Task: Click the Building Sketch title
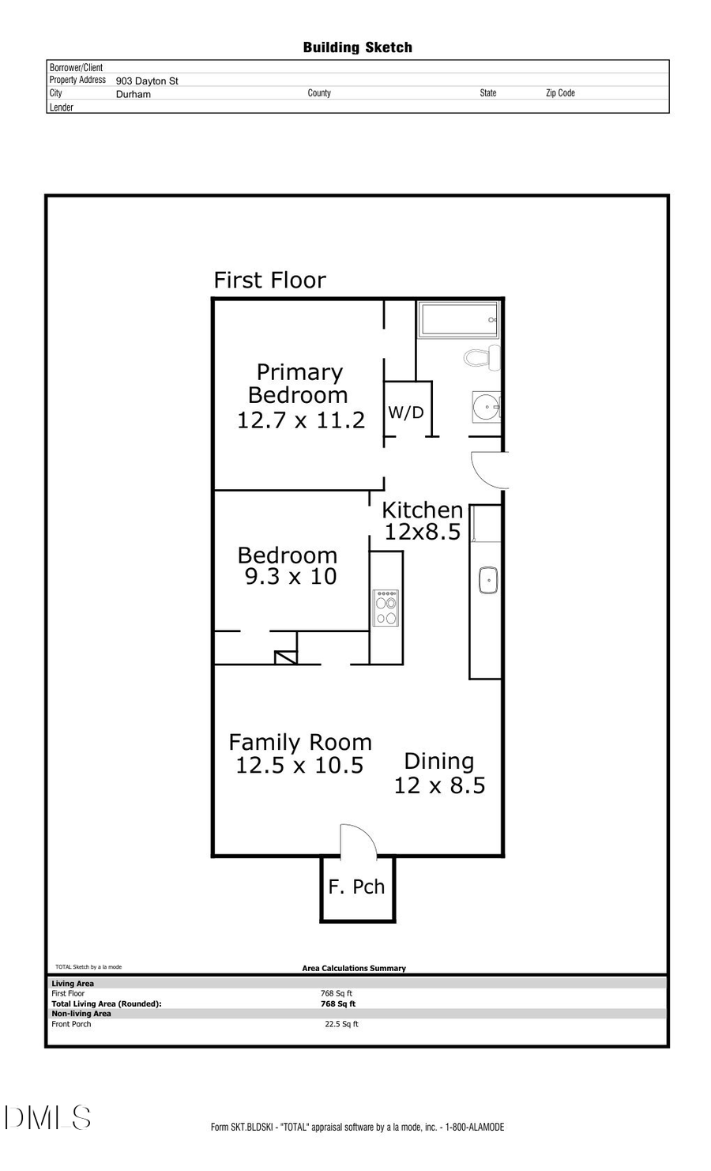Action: click(x=357, y=47)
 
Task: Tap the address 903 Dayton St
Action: click(x=147, y=81)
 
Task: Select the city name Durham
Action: click(x=133, y=94)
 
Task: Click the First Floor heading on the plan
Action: click(x=269, y=281)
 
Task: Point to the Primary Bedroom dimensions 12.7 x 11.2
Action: click(x=301, y=420)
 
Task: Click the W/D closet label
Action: click(x=405, y=412)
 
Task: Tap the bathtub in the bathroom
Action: click(x=458, y=320)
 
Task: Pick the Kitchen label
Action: click(x=422, y=510)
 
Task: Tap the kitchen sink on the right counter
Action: click(x=488, y=580)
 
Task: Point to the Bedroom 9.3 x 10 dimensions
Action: click(x=291, y=577)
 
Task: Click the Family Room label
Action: click(x=299, y=742)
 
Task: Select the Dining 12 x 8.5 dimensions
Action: click(x=439, y=785)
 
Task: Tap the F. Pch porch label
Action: click(x=356, y=887)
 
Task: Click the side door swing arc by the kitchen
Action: click(x=488, y=469)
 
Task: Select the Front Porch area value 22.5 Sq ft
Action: click(x=341, y=1024)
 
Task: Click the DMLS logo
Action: click(x=47, y=1117)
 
